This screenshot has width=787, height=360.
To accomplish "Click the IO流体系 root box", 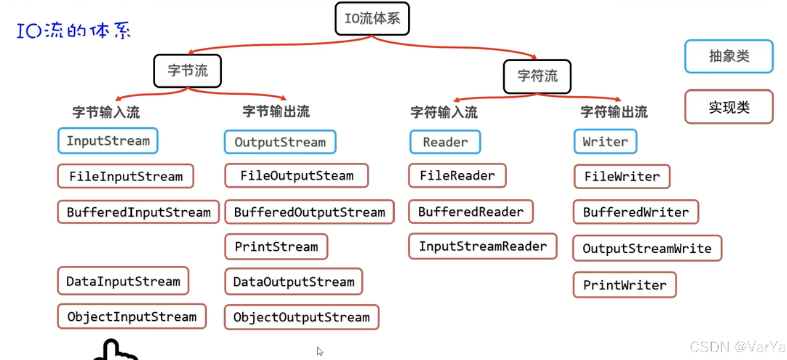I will [x=372, y=19].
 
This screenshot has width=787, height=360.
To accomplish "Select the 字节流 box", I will [x=188, y=71].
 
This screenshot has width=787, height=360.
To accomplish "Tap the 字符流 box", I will [x=537, y=76].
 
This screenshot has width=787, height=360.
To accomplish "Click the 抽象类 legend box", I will [x=729, y=56].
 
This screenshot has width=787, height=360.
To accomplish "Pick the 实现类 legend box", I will [x=729, y=107].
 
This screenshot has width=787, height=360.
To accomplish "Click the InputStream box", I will [x=108, y=141].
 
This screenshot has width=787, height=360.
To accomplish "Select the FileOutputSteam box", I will [x=297, y=176].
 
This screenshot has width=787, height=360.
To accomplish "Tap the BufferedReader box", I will [x=471, y=212].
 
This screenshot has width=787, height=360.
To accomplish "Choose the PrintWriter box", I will [x=624, y=285].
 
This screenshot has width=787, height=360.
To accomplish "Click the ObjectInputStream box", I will [x=132, y=316].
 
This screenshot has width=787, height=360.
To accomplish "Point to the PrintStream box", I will [x=276, y=247].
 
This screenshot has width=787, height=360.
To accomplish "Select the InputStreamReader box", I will [x=483, y=246].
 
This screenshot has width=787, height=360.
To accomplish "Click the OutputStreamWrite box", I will [x=647, y=248].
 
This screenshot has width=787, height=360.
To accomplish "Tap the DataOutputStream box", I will [x=294, y=282].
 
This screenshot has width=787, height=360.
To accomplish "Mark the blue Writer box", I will [x=605, y=142].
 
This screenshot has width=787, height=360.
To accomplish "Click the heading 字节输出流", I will [x=276, y=111].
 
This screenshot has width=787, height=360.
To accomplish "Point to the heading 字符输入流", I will [x=444, y=112].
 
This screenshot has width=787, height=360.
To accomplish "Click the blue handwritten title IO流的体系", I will [x=73, y=31].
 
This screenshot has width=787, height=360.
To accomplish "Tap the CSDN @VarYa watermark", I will [x=737, y=347].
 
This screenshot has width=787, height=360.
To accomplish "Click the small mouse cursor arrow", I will [x=320, y=351].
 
